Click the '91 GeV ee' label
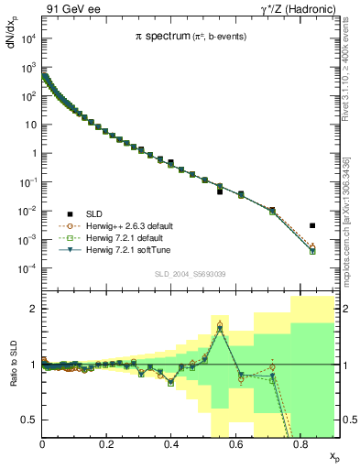coord(72,10)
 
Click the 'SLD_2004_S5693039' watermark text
coord(191,274)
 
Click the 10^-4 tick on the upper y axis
coord(30,268)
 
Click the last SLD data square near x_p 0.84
coord(312,225)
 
